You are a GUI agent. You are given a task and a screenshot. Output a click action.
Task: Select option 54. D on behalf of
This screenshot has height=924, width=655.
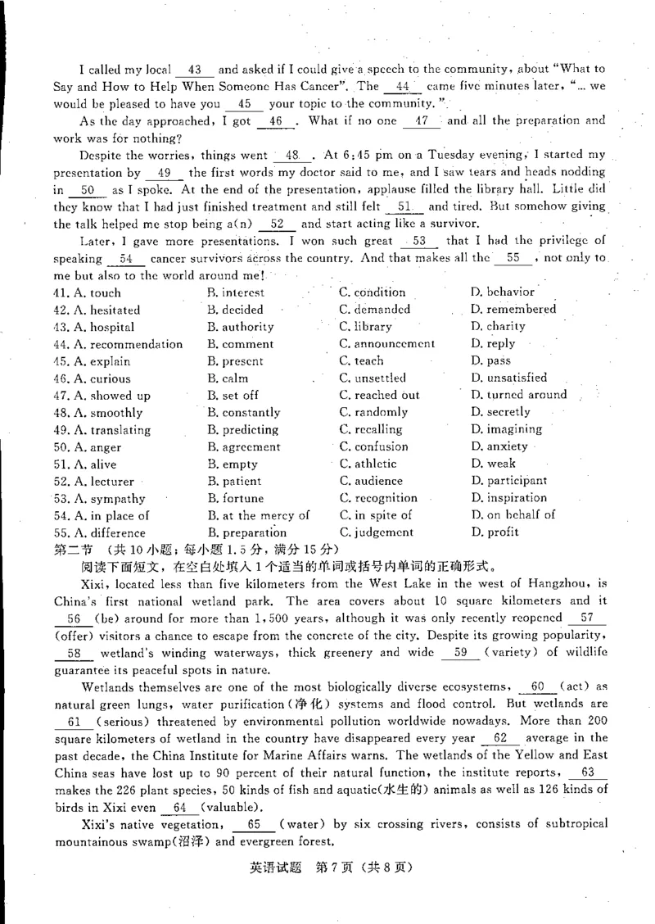(x=513, y=515)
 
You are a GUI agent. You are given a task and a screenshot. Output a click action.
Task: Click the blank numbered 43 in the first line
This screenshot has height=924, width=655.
(x=195, y=70)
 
